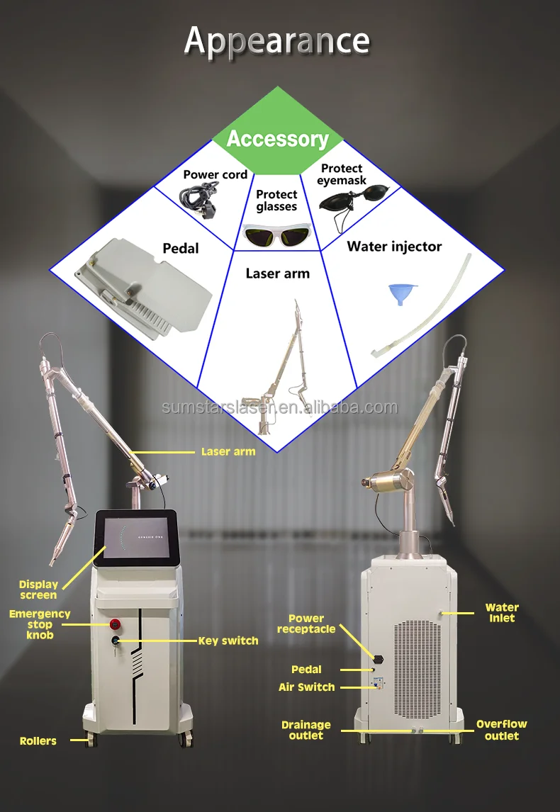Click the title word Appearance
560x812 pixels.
coord(277,42)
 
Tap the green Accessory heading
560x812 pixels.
coord(277,139)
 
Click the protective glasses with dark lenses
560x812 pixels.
coord(277,234)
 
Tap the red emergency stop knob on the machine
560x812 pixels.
coord(115,624)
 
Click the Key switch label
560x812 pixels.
coord(228,641)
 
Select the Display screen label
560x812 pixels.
coord(38,590)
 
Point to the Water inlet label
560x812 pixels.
coord(502,612)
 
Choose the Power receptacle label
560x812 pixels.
coord(306,624)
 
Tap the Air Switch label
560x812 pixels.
coord(307,687)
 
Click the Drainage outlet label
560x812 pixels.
coord(306,730)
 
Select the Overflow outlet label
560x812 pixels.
coord(502,730)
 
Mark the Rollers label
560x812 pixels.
coord(38,740)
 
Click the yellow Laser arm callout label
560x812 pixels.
coord(228,451)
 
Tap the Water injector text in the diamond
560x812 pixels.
coord(394,247)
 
